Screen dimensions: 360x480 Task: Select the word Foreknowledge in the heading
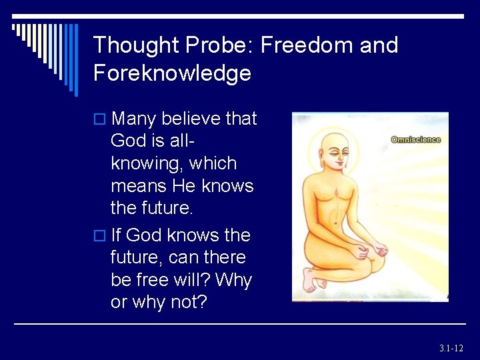pos(172,73)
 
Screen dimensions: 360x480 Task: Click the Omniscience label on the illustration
pos(415,140)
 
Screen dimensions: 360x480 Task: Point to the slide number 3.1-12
pos(451,348)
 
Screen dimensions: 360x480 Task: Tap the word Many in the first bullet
pos(134,119)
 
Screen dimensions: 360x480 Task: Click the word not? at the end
pos(187,302)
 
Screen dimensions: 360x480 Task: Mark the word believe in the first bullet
pos(190,119)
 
